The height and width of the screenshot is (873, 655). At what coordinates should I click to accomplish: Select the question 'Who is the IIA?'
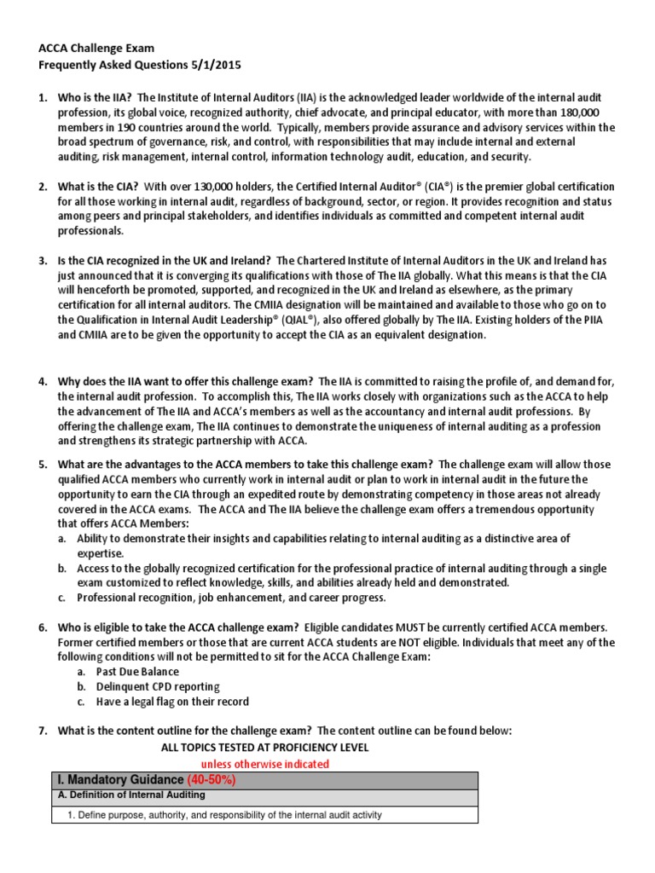coord(94,98)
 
